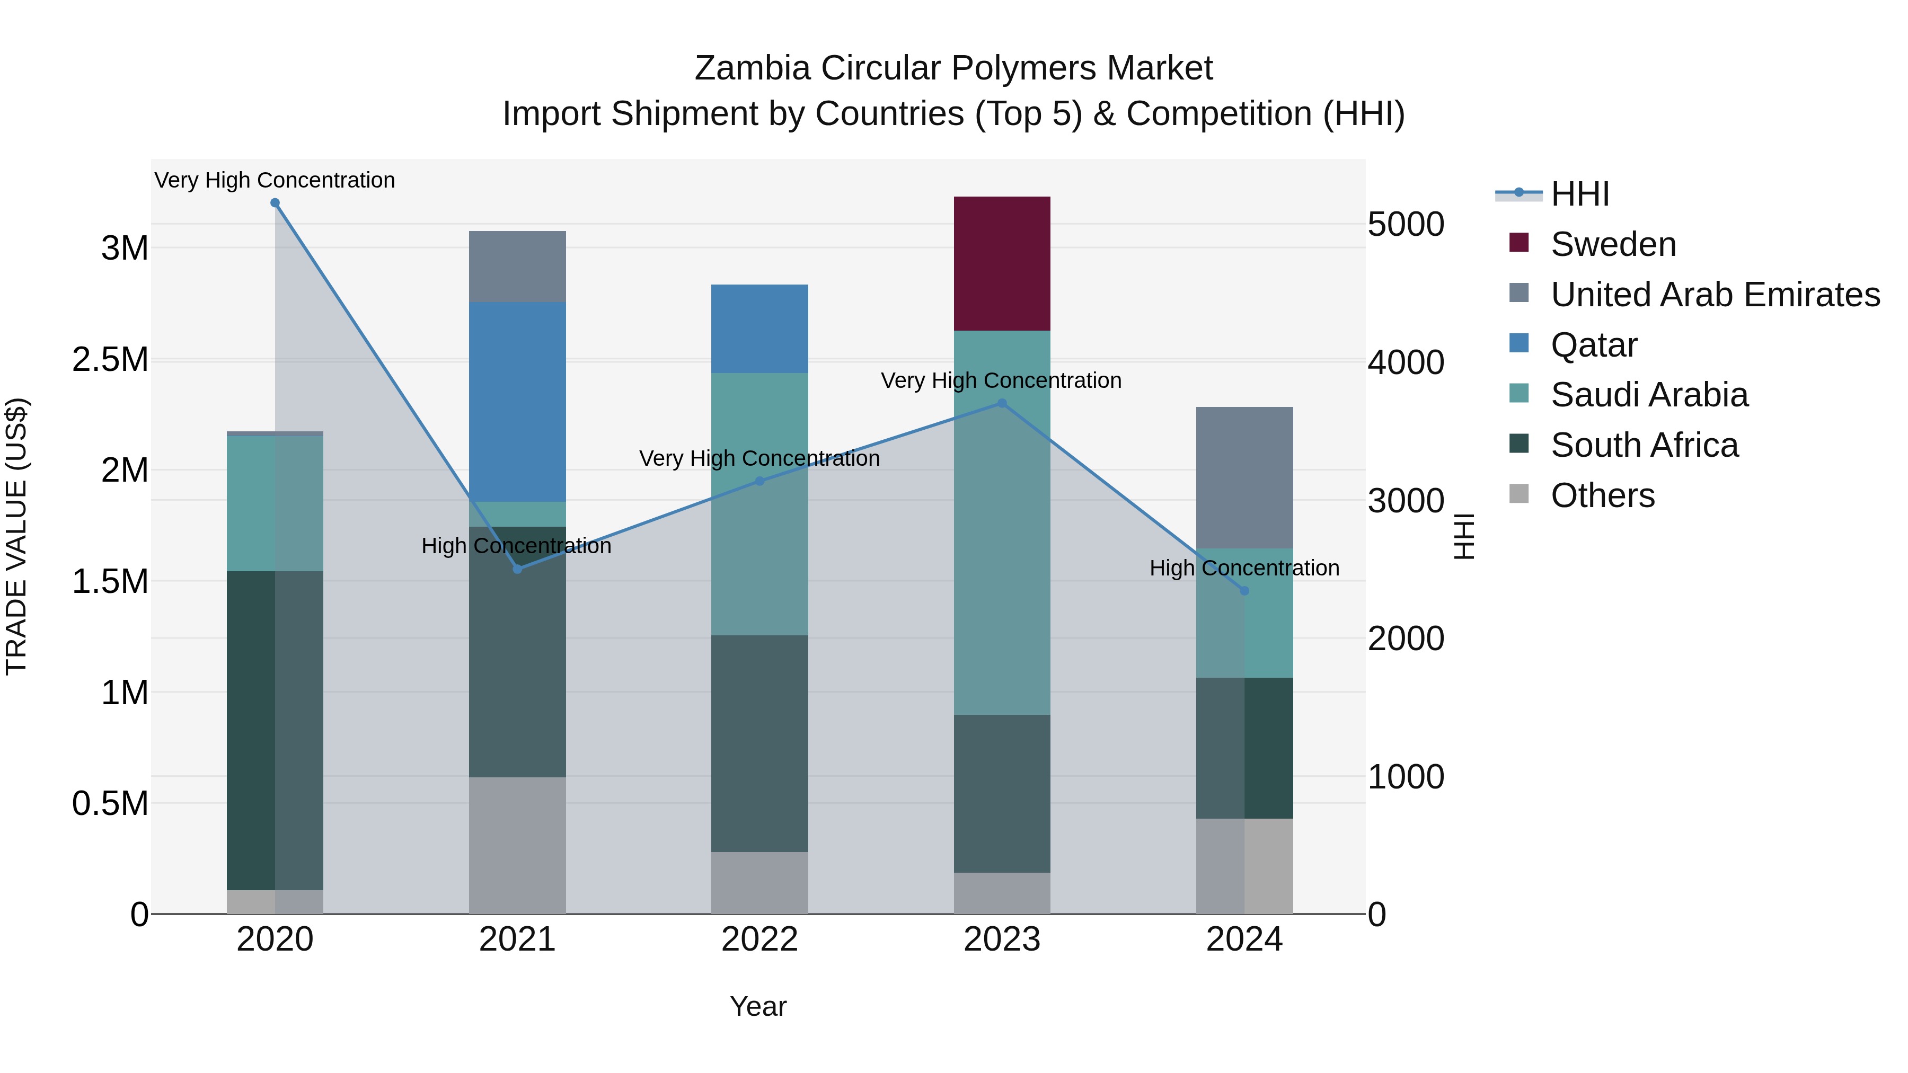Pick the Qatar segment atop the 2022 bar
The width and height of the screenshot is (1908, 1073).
pos(759,328)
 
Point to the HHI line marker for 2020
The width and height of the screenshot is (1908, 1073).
pos(275,203)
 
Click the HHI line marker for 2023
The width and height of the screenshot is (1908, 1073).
pos(1001,404)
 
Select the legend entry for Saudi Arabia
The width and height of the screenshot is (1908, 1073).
pos(1649,395)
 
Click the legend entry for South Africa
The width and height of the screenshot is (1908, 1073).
pos(1644,445)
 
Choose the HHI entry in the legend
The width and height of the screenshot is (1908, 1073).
pos(1579,194)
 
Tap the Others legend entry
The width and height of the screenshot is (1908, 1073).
pos(1602,495)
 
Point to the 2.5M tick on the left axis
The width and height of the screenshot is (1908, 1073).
pos(110,359)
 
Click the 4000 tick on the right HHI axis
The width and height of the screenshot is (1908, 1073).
pos(1405,363)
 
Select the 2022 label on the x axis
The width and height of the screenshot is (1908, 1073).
pos(759,939)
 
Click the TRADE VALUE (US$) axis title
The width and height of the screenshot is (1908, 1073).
pos(16,536)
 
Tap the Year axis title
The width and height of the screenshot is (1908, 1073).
pos(758,1006)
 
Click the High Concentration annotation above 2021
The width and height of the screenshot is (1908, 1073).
pos(516,546)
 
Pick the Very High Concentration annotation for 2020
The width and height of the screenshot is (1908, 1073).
pos(275,180)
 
